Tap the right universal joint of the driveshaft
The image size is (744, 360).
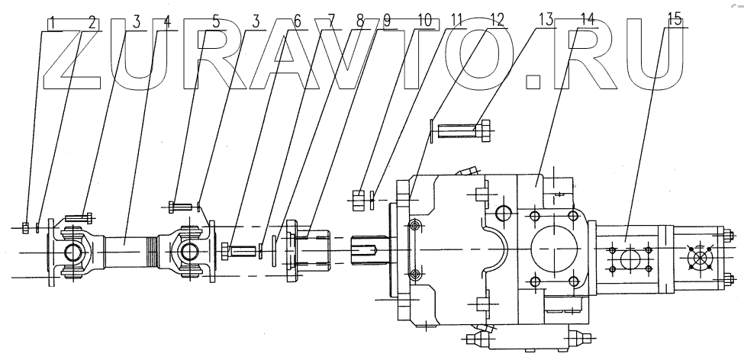coord(188,249)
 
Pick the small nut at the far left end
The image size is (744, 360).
coord(27,228)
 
